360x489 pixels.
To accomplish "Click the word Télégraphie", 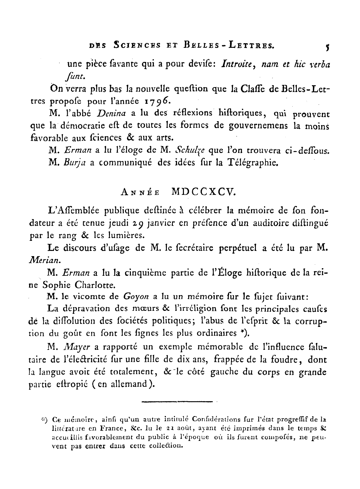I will [x=252, y=163].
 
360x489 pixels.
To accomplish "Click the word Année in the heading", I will [x=140, y=193].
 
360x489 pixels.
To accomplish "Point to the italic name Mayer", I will [x=74, y=347].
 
